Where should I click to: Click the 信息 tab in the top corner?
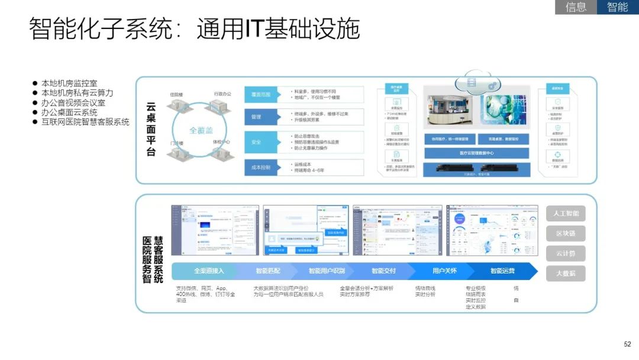576,7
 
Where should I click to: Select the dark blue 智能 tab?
617,7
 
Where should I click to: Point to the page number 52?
627,344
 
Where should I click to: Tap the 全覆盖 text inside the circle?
201,130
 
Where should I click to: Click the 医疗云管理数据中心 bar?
476,153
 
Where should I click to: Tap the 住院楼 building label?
176,94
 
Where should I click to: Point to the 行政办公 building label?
221,94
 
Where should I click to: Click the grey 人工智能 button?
566,214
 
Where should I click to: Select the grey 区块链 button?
566,233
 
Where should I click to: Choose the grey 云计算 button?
566,253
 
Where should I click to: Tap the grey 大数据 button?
566,274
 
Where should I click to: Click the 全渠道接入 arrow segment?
209,271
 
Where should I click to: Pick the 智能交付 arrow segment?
383,271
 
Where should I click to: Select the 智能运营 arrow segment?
502,271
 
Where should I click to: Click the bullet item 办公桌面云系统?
69,112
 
